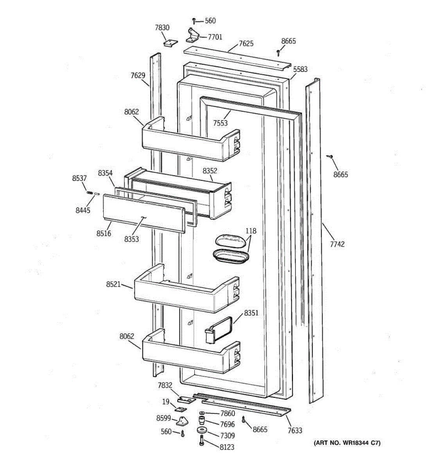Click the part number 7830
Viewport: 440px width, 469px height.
(x=162, y=27)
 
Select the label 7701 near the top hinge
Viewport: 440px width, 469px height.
(x=215, y=37)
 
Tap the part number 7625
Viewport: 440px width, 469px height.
(x=246, y=43)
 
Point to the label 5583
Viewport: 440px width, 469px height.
(x=300, y=69)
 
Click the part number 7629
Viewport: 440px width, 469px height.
(x=138, y=75)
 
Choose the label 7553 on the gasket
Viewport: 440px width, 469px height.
(x=220, y=123)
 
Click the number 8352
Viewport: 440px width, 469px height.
(x=210, y=171)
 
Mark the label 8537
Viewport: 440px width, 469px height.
(x=79, y=178)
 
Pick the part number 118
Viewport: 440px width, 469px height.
(x=251, y=231)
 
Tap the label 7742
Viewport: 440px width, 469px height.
(x=337, y=244)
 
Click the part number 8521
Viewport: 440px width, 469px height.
(x=113, y=284)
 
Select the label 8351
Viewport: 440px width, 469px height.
(x=251, y=313)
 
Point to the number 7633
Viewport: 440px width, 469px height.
(x=295, y=430)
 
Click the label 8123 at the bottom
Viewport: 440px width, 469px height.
(x=227, y=447)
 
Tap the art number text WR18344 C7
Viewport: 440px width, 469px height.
(x=347, y=443)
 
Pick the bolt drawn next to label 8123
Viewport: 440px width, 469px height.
(x=202, y=442)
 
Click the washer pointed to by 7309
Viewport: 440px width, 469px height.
(x=202, y=431)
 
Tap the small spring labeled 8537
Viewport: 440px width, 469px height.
(x=90, y=192)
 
